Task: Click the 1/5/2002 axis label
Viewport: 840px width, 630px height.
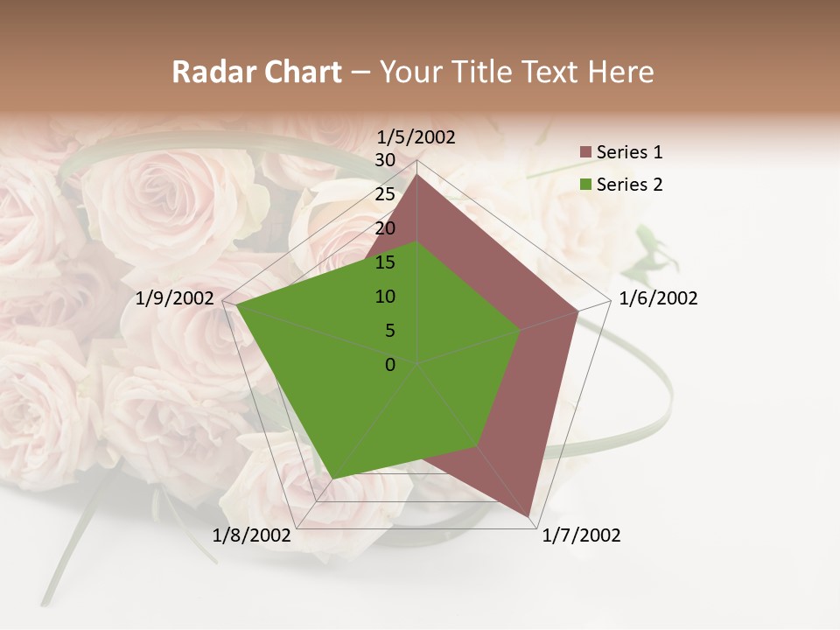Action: pos(416,136)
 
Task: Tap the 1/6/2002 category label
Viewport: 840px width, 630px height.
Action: pos(658,298)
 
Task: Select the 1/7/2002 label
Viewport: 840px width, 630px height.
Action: pos(581,535)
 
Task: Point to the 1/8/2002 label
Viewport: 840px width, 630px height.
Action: pos(252,535)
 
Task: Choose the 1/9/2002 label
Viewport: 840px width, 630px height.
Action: pos(175,298)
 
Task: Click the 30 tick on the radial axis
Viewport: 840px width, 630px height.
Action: pos(385,160)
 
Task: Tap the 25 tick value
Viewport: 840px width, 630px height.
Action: pos(385,194)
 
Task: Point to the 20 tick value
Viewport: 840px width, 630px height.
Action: pos(385,228)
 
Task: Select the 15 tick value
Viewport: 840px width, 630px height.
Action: pos(385,262)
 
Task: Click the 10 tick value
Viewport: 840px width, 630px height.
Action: pos(385,297)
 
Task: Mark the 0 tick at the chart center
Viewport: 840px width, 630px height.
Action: pos(390,365)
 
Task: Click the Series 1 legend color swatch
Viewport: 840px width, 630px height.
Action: pos(586,153)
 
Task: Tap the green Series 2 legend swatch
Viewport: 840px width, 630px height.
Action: pos(586,185)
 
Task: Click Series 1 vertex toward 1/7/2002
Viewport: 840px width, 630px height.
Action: pos(530,516)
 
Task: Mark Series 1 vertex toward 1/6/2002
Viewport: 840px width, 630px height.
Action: pos(578,311)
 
